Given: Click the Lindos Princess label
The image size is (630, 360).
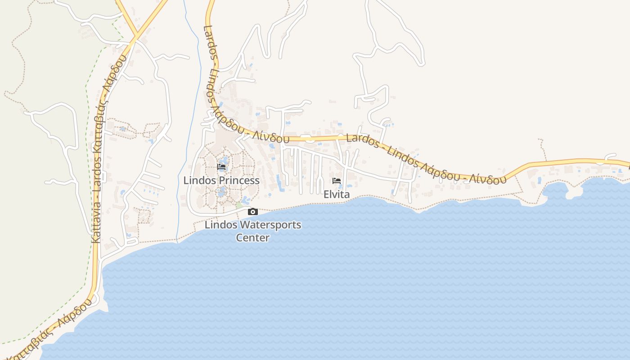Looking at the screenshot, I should pyautogui.click(x=221, y=180).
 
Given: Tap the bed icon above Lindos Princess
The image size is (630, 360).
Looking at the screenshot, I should pyautogui.click(x=221, y=167).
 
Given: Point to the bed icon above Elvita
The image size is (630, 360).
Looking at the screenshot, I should pyautogui.click(x=337, y=181).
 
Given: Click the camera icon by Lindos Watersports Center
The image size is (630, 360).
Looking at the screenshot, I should pyautogui.click(x=253, y=212).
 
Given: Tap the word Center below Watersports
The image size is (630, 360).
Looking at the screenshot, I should pyautogui.click(x=253, y=238).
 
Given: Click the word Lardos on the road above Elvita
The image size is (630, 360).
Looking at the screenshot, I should pyautogui.click(x=363, y=141).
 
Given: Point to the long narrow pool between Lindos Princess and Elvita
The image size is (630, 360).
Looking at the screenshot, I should pyautogui.click(x=279, y=183).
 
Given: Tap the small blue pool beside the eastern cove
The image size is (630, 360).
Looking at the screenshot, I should pyautogui.click(x=540, y=180).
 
